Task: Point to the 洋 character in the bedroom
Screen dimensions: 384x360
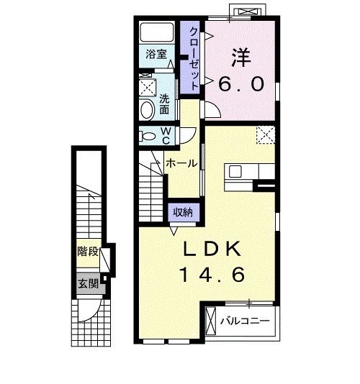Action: pyautogui.click(x=240, y=55)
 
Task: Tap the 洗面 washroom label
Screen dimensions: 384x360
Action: pyautogui.click(x=165, y=104)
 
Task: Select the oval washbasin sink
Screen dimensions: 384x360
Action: pyautogui.click(x=147, y=110)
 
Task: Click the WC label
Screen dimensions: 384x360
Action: pyautogui.click(x=165, y=136)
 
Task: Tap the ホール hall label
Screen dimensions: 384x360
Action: pyautogui.click(x=181, y=163)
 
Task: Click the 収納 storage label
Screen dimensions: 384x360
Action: pyautogui.click(x=183, y=211)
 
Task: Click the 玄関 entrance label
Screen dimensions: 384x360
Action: pyautogui.click(x=88, y=283)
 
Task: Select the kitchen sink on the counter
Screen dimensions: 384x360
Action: pyautogui.click(x=236, y=171)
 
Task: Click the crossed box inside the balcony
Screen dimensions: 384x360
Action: pyautogui.click(x=211, y=321)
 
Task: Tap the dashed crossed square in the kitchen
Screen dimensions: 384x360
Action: pyautogui.click(x=264, y=133)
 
